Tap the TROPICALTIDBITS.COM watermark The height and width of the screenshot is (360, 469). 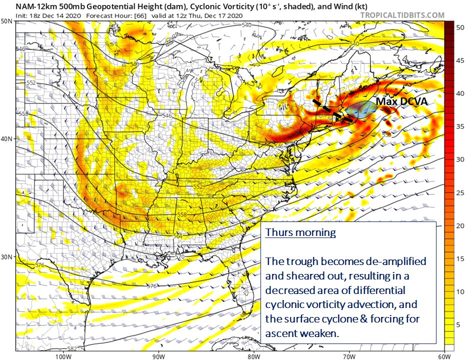402,15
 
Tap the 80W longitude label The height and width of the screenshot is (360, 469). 253,356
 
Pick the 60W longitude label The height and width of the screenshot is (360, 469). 444,356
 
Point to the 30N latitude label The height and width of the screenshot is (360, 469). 7,257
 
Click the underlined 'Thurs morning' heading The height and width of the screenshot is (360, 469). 300,233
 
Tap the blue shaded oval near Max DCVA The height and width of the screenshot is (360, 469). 363,109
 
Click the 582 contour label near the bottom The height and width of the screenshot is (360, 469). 72,348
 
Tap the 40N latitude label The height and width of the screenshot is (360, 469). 7,139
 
